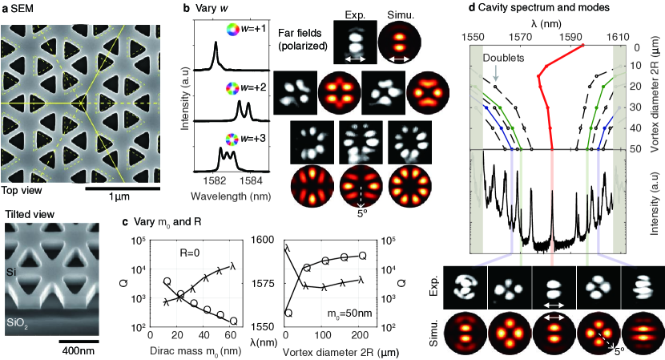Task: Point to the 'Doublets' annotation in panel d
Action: pyautogui.click(x=498, y=59)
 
